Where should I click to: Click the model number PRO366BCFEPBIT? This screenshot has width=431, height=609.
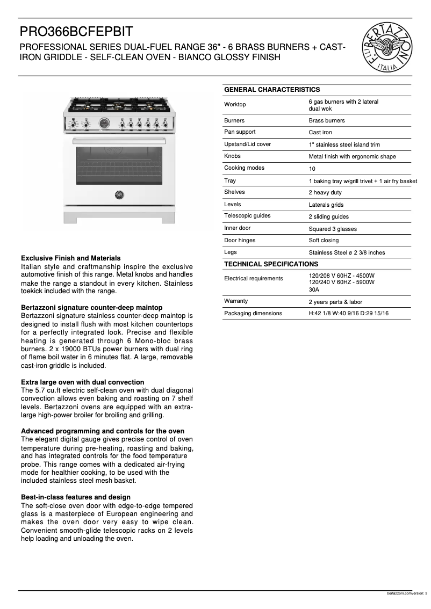(x=76, y=32)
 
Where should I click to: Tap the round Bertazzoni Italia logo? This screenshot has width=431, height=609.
(x=387, y=48)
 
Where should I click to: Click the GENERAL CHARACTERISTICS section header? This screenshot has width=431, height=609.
(x=272, y=90)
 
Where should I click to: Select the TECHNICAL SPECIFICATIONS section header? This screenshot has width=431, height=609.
(x=271, y=264)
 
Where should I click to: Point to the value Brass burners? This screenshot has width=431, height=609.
(x=327, y=121)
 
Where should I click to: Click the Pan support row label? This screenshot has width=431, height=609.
(x=240, y=132)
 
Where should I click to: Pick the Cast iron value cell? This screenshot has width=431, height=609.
(x=320, y=133)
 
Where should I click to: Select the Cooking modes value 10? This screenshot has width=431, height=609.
(x=312, y=169)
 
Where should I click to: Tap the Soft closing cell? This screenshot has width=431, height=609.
(x=324, y=241)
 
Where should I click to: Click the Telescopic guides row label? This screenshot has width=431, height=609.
(x=247, y=216)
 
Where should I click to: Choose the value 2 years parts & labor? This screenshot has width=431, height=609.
(x=335, y=302)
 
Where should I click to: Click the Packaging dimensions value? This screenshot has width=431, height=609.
(x=348, y=314)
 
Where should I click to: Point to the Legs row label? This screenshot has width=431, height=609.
(x=230, y=252)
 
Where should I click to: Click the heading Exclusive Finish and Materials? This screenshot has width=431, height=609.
(x=70, y=258)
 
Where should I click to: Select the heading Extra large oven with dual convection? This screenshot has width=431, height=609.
(x=82, y=382)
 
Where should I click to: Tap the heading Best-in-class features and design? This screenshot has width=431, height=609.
(x=75, y=497)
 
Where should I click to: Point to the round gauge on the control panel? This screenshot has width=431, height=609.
(x=105, y=124)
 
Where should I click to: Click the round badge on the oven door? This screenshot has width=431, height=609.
(x=119, y=194)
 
